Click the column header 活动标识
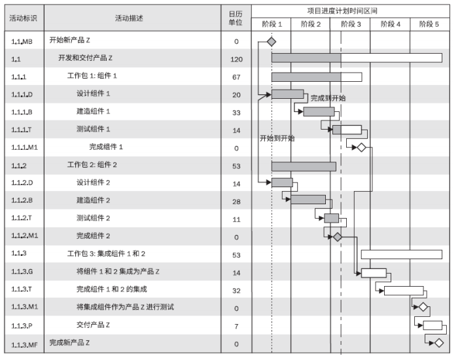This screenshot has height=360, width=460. coord(22,18)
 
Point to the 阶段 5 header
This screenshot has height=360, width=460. coord(429,24)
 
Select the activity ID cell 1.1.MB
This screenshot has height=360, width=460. coord(22,41)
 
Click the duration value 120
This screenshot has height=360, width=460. coord(236,59)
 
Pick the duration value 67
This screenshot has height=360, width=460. coord(236,77)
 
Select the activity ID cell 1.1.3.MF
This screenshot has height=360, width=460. coord(24,343)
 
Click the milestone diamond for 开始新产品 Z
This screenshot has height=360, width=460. coord(272,41)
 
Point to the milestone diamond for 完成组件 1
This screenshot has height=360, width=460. coord(361,147)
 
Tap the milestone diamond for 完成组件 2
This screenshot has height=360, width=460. coord(337,236)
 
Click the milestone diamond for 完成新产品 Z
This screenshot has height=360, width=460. coord(438,342)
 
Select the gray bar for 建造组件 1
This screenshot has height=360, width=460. coord(319,111)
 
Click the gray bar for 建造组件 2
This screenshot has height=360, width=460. coord(308,200)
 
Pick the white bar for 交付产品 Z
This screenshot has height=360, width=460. coord(433,325)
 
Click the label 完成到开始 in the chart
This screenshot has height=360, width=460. coord(328,98)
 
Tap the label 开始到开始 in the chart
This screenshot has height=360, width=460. coord(277,138)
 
